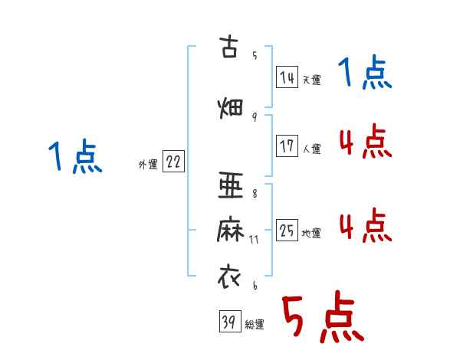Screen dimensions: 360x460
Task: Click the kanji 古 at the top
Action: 229,47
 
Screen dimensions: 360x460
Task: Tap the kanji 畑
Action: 229,106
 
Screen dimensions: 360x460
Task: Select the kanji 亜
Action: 229,185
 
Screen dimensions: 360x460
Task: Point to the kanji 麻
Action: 229,229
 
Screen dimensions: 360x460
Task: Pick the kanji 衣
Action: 229,275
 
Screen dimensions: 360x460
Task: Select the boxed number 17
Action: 287,146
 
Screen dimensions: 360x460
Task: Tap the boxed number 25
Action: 287,231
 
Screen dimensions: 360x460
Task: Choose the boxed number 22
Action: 173,162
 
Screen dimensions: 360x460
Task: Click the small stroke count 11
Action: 255,239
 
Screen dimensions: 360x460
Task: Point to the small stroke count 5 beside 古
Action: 254,55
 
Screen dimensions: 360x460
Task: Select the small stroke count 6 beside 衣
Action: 254,285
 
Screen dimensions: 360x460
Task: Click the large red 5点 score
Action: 321,319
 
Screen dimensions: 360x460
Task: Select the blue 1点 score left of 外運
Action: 74,158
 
